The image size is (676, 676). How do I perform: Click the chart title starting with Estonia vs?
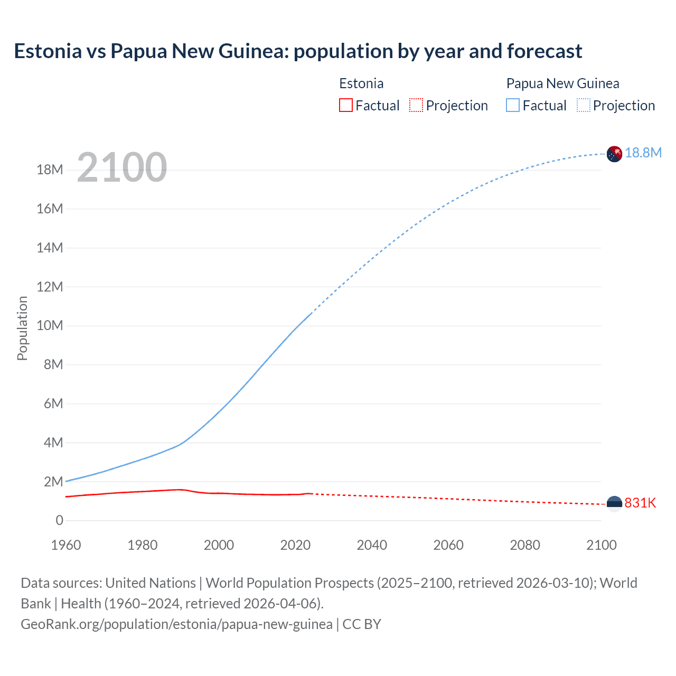[298, 51]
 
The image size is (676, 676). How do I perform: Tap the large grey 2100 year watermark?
[122, 167]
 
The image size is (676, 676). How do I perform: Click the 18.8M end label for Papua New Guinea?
[643, 153]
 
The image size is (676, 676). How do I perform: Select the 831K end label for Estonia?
[640, 503]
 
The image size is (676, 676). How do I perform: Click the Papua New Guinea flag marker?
[614, 154]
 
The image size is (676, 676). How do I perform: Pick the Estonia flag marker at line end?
[614, 504]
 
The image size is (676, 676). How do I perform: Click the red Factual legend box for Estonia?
[345, 106]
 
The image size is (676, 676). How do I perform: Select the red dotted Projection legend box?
[416, 106]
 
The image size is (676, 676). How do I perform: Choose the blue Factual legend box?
[512, 106]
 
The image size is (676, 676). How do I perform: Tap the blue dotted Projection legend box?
[583, 106]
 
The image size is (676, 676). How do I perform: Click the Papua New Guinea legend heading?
[562, 83]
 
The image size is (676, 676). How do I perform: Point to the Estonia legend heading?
[361, 83]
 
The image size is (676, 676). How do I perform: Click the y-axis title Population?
[22, 328]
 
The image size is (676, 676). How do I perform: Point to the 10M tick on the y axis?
[50, 325]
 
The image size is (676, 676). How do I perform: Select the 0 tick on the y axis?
[59, 521]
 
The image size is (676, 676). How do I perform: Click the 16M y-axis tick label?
[50, 209]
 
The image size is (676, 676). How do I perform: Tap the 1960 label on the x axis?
[66, 545]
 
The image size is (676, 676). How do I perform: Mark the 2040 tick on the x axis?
[372, 545]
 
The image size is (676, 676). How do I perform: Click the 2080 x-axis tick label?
[525, 545]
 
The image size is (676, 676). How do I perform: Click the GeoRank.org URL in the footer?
[176, 624]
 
